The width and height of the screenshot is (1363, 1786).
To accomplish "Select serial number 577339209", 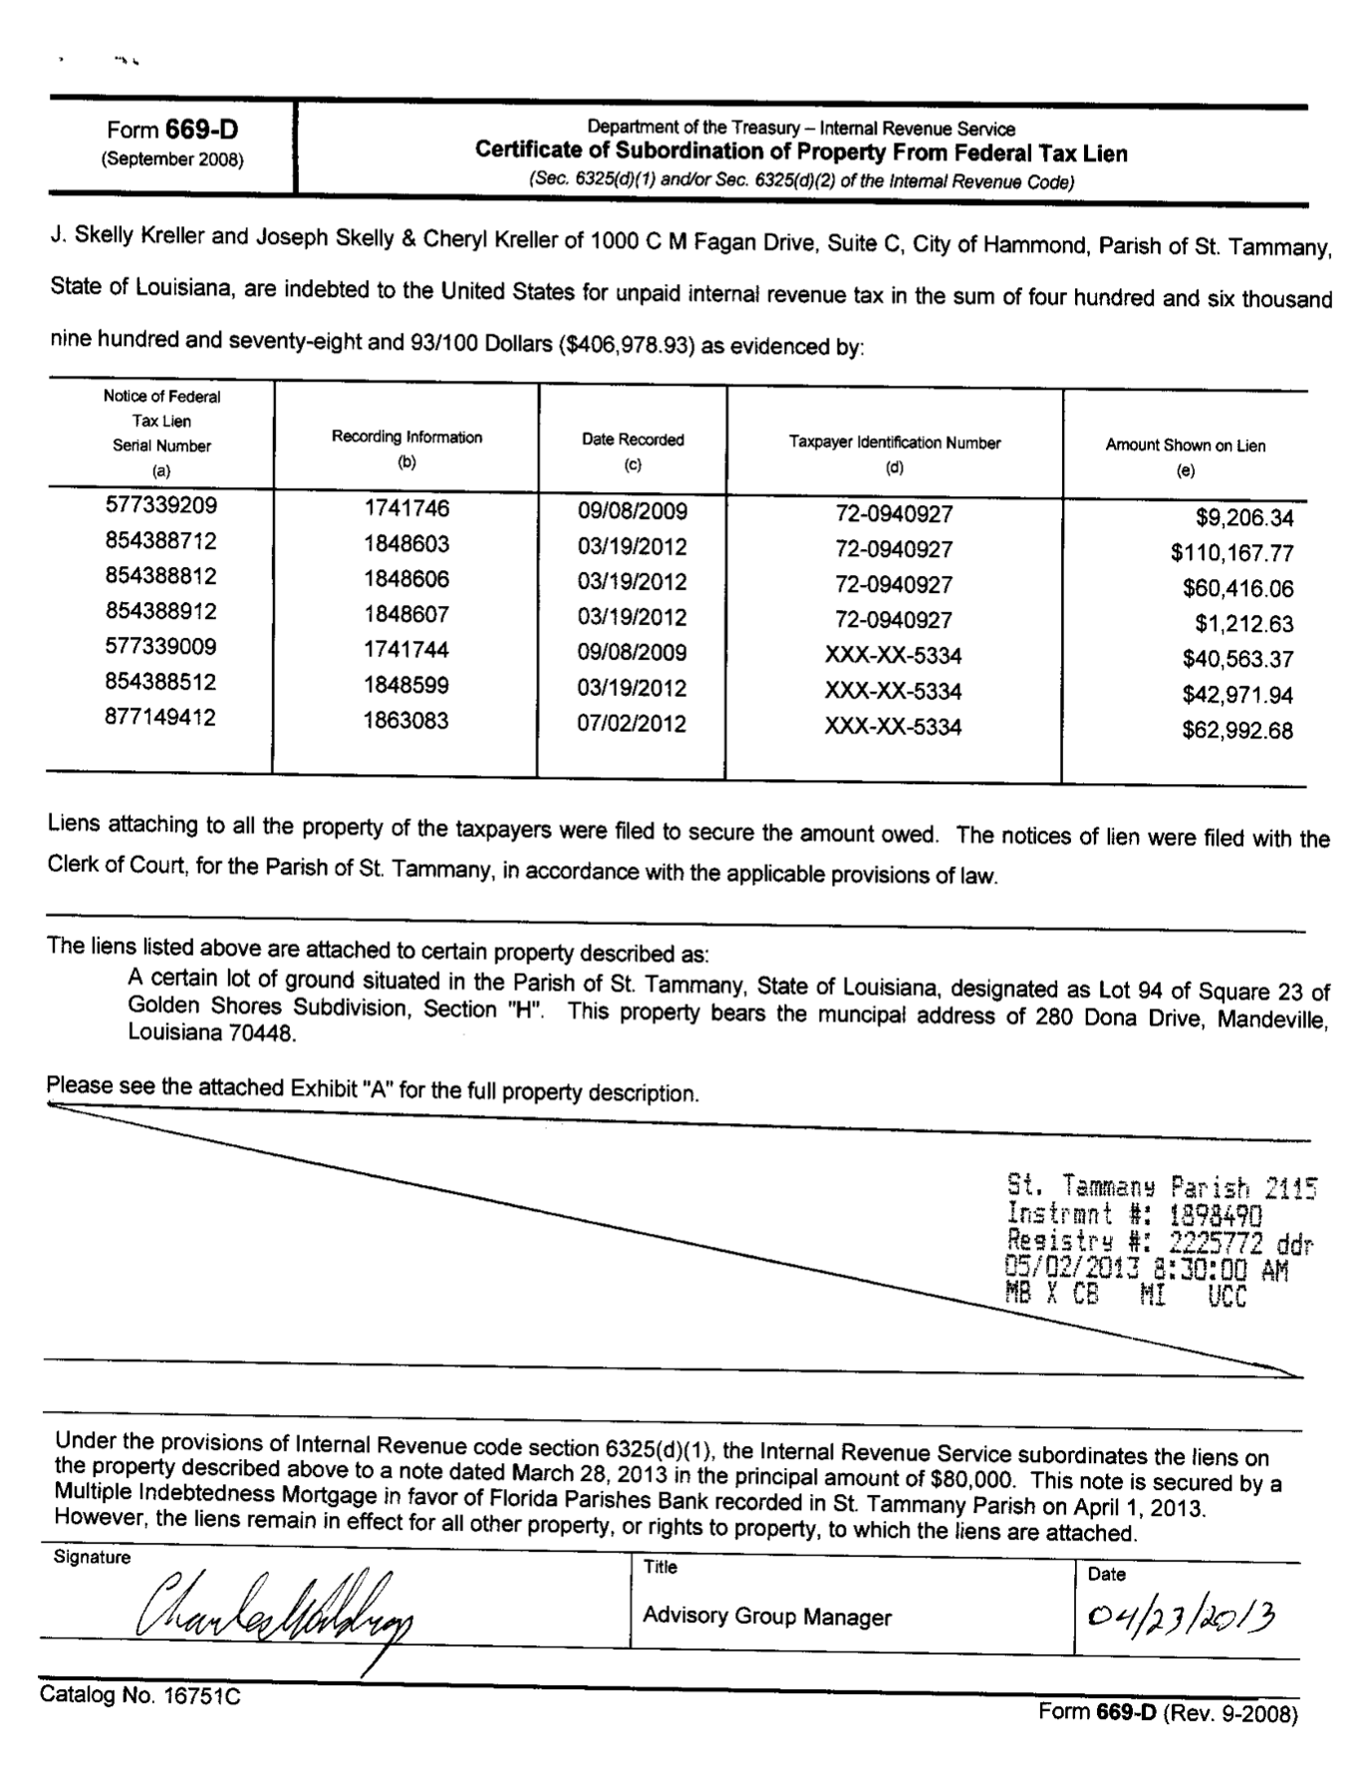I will [x=160, y=505].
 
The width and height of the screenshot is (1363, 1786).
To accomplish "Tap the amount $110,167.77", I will [x=1231, y=553].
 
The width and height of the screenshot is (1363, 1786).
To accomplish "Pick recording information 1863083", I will [x=407, y=721].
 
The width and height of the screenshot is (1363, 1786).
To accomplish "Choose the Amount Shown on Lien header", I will [x=1185, y=446].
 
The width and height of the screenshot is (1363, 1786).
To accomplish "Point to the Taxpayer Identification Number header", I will [x=895, y=443].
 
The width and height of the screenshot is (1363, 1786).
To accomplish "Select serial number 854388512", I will [x=160, y=682].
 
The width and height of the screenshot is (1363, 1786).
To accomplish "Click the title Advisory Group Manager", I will [x=766, y=1616].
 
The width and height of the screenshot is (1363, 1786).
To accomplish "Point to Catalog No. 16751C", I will [x=139, y=1695].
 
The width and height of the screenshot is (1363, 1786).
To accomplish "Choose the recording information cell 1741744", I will [x=407, y=650].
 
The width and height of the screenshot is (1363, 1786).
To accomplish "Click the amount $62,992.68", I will [x=1236, y=731].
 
